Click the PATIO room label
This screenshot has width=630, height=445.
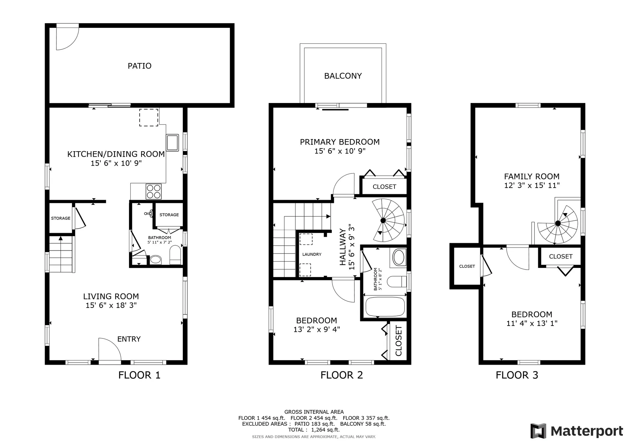139,66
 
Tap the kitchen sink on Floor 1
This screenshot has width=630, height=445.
172,142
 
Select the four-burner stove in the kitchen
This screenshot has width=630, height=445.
154,192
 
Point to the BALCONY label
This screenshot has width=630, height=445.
343,76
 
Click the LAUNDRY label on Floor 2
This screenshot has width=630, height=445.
312,254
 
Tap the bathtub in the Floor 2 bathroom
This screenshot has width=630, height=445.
385,307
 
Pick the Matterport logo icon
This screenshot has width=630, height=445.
538,431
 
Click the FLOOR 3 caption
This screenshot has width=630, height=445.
517,375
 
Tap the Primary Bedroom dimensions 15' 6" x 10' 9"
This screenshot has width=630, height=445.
340,151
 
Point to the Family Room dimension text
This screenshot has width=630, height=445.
532,186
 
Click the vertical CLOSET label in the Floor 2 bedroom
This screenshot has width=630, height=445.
398,341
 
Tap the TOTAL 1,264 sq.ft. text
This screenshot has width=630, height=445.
314,430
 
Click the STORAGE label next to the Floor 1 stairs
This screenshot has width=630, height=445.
61,218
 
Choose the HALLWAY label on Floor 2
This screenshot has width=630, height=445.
343,247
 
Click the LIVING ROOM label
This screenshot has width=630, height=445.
111,296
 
